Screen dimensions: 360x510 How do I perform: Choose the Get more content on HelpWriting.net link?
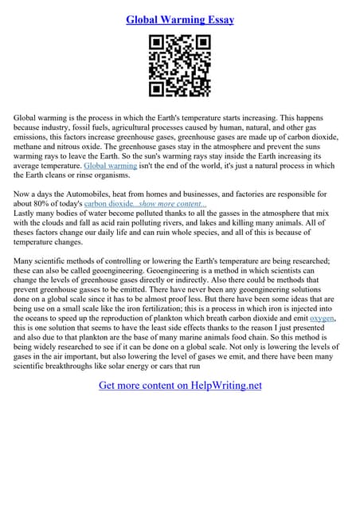coord(180,386)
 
